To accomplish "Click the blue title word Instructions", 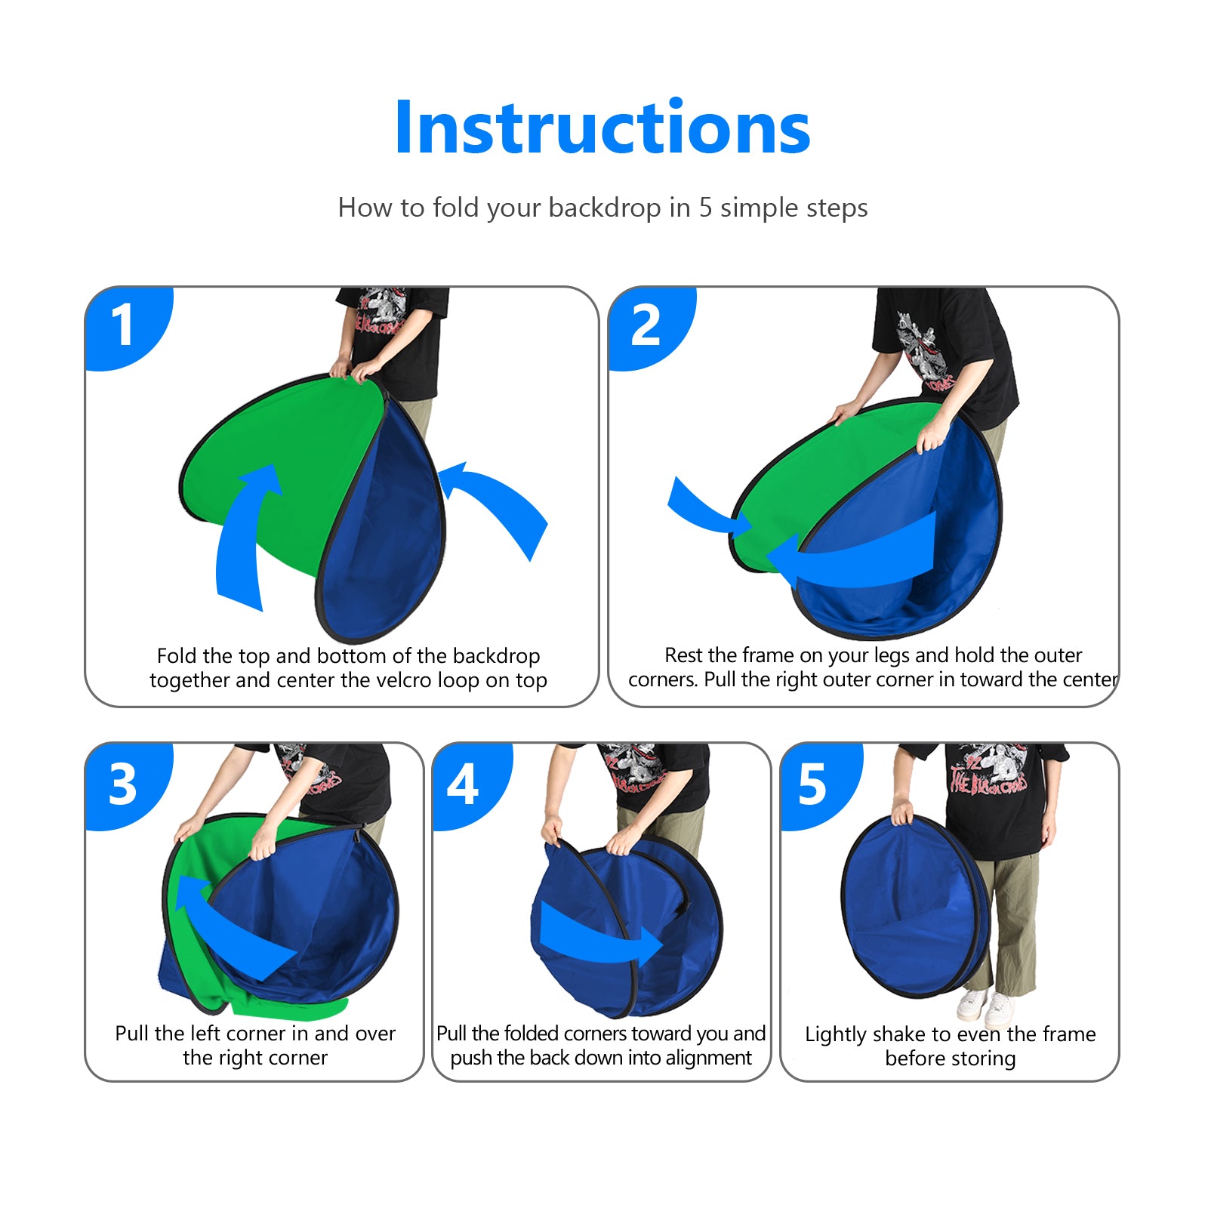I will pyautogui.click(x=602, y=128).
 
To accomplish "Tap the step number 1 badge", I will pyautogui.click(x=122, y=325).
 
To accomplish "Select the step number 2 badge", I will pyautogui.click(x=646, y=325).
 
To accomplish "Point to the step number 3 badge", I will pyautogui.click(x=123, y=784).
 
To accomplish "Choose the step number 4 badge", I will pyautogui.click(x=463, y=784).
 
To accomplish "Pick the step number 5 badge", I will pyautogui.click(x=812, y=784).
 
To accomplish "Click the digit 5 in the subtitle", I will pyautogui.click(x=705, y=208).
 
